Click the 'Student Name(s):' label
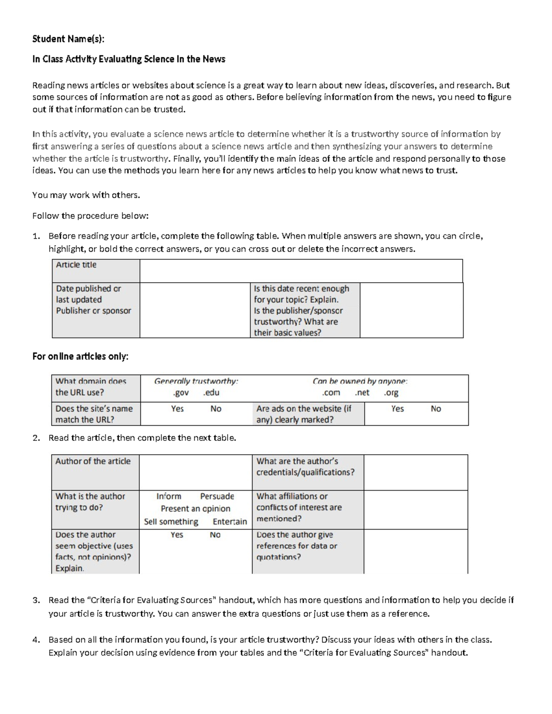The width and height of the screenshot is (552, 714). click(x=68, y=39)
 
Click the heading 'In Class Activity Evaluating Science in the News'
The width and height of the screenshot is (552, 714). click(x=128, y=59)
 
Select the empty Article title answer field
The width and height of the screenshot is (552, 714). click(x=301, y=271)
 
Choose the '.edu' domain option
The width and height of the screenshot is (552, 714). click(x=211, y=393)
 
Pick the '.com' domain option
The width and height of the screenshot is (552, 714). click(x=331, y=393)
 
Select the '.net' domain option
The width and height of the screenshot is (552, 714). click(x=362, y=393)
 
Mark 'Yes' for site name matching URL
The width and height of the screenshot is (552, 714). click(x=177, y=409)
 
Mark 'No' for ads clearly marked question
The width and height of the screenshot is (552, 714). click(x=436, y=409)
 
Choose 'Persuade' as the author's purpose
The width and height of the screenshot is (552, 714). click(x=217, y=497)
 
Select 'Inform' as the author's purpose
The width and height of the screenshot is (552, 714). click(x=168, y=497)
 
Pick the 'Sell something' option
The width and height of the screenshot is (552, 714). click(x=171, y=522)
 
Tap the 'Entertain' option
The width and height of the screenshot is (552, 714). click(x=230, y=522)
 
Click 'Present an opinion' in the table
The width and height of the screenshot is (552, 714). click(x=195, y=509)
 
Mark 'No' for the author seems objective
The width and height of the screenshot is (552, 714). click(x=215, y=535)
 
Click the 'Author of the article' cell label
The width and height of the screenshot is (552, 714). click(x=93, y=462)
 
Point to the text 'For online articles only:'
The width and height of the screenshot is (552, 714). click(x=80, y=357)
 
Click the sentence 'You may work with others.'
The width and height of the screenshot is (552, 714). click(x=86, y=195)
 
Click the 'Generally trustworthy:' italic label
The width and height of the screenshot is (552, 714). click(x=196, y=381)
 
